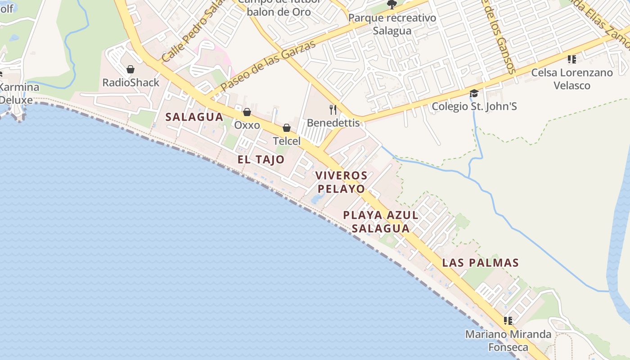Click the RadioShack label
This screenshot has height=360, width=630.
click(130, 82)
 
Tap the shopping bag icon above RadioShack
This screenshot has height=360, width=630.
click(130, 69)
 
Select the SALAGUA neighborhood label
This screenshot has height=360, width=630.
click(194, 117)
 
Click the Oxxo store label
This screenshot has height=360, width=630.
click(247, 125)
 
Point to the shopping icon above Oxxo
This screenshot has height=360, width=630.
click(247, 112)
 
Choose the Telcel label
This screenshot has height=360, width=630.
click(287, 141)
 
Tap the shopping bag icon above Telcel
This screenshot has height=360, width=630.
click(287, 128)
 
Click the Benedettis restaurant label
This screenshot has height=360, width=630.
click(333, 123)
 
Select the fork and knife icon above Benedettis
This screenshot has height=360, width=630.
click(333, 109)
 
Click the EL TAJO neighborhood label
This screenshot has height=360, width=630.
click(261, 159)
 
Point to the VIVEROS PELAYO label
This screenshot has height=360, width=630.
click(341, 182)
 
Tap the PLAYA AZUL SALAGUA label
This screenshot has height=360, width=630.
click(381, 221)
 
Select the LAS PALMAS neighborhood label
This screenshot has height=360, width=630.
click(481, 263)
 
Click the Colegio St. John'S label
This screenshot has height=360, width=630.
click(474, 107)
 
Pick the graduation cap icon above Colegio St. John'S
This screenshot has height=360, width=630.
click(474, 94)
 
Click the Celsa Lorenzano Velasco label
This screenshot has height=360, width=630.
click(572, 79)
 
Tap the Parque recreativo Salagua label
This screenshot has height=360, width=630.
click(392, 24)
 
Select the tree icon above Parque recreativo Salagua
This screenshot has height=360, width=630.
click(392, 5)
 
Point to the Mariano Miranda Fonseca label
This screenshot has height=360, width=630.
click(508, 341)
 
